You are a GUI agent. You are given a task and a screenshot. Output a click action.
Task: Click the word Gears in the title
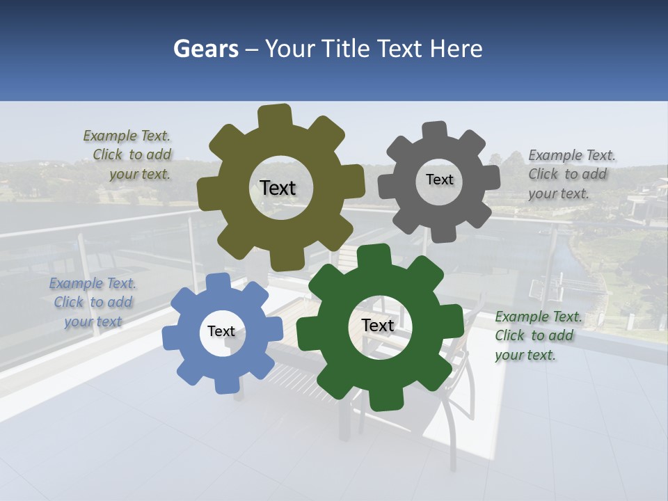206,49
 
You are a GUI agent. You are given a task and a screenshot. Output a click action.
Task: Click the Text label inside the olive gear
278,188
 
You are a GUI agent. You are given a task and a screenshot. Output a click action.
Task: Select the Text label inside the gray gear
439,180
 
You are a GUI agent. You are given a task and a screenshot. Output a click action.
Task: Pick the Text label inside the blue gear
221,331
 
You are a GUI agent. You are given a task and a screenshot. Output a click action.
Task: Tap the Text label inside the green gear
378,325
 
